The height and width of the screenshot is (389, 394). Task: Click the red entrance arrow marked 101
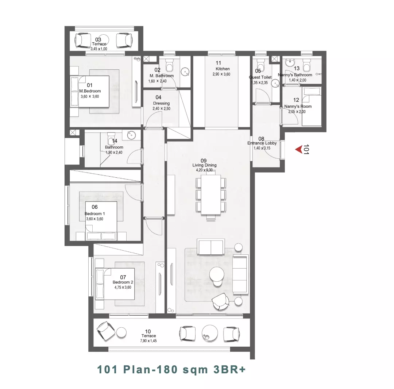pyautogui.click(x=299, y=150)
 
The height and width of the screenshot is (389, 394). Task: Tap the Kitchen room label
pyautogui.click(x=223, y=69)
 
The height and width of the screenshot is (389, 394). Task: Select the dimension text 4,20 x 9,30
pyautogui.click(x=204, y=170)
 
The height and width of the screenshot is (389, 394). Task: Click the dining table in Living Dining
pyautogui.click(x=211, y=195)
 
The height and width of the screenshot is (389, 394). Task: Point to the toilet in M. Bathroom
pyautogui.click(x=170, y=65)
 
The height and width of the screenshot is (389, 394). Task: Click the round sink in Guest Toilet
pyautogui.click(x=276, y=83)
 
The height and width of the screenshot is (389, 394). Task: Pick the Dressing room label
pyautogui.click(x=161, y=103)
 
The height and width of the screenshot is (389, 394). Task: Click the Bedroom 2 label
pyautogui.click(x=123, y=282)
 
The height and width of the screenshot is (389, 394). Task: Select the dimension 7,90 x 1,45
pyautogui.click(x=148, y=341)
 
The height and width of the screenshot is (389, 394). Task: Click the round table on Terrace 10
pyautogui.click(x=210, y=334)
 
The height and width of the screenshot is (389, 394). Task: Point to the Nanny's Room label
pyautogui.click(x=298, y=106)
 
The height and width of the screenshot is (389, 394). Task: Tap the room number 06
pyautogui.click(x=94, y=207)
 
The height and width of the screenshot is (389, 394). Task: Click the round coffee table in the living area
pyautogui.click(x=217, y=274)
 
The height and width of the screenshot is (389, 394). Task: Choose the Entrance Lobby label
pyautogui.click(x=262, y=143)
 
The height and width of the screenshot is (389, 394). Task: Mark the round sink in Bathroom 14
pyautogui.click(x=131, y=135)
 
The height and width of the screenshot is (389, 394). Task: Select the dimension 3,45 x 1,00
pyautogui.click(x=99, y=49)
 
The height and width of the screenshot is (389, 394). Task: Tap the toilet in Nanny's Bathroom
pyautogui.click(x=306, y=66)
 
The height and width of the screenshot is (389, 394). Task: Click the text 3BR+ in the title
pyautogui.click(x=229, y=370)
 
